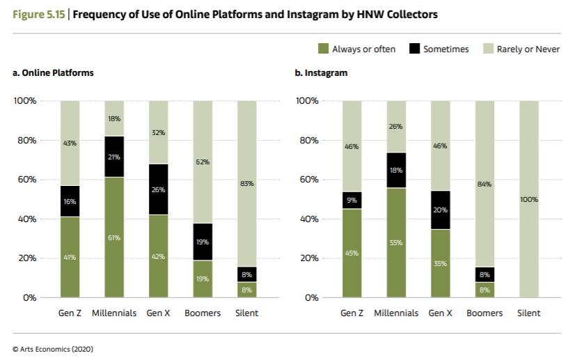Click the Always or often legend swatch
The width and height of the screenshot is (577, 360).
coord(322,49)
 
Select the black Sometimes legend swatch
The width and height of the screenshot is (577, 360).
coord(413,49)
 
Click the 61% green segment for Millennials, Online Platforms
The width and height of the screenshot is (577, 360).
coord(114,237)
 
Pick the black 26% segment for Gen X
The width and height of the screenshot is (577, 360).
coord(158,189)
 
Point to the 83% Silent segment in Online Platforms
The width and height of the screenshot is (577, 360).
coord(247,184)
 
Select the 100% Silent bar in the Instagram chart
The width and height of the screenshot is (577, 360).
coord(529,198)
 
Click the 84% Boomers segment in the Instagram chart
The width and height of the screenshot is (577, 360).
coord(484,184)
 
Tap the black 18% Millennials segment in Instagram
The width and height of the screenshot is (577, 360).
coord(396,170)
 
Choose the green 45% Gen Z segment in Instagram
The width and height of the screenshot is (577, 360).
coord(351,253)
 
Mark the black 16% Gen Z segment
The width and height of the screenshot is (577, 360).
coord(70,201)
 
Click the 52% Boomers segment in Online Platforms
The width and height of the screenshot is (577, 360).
coord(203,162)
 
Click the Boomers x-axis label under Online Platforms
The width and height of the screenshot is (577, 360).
coord(203,313)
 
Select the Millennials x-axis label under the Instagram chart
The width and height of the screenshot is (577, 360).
coord(396,313)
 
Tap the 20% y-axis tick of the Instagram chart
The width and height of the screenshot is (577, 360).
coord(307,258)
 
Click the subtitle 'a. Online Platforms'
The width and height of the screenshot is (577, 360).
coord(53,72)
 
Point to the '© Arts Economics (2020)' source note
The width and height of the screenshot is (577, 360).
coord(53,349)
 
